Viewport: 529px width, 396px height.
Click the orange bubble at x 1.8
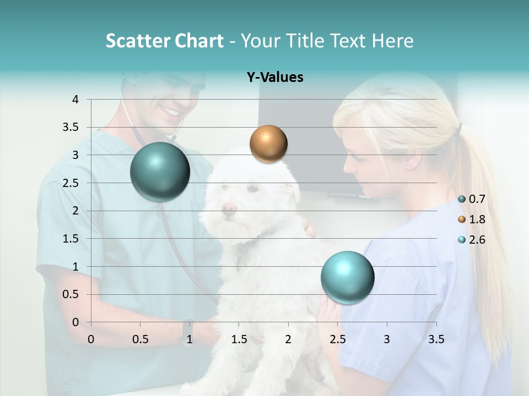pyautogui.click(x=268, y=144)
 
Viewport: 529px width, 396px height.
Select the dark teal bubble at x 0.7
pyautogui.click(x=160, y=172)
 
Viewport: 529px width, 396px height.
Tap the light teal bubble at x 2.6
pyautogui.click(x=347, y=277)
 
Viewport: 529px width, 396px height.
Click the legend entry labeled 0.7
pyautogui.click(x=477, y=199)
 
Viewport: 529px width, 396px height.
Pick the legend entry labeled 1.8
pyautogui.click(x=477, y=219)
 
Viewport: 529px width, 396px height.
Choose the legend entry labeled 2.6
pyautogui.click(x=477, y=239)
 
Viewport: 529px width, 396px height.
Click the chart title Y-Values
pyautogui.click(x=275, y=78)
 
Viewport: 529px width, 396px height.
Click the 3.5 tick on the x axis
pyautogui.click(x=436, y=339)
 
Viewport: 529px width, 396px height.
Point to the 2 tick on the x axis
pyautogui.click(x=288, y=339)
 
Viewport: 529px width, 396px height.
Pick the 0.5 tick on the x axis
pyautogui.click(x=140, y=339)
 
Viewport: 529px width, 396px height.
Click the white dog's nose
pyautogui.click(x=229, y=208)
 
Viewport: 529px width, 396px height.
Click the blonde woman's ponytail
pyautogui.click(x=485, y=220)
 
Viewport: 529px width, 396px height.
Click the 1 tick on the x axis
pyautogui.click(x=190, y=339)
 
